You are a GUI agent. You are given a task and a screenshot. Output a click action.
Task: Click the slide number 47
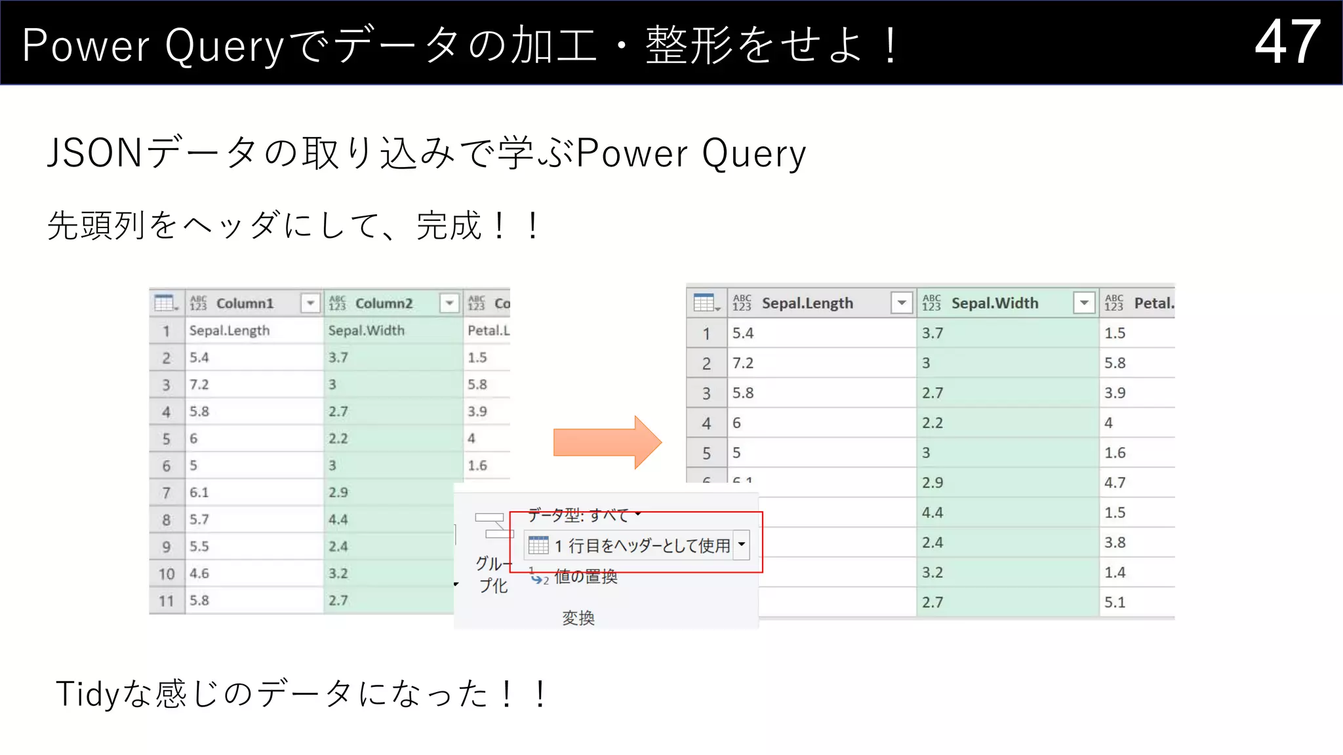[1287, 42]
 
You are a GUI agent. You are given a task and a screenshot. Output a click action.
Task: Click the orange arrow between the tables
[606, 442]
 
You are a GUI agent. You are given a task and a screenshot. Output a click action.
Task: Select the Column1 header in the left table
[244, 303]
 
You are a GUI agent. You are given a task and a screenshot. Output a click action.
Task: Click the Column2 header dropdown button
[450, 303]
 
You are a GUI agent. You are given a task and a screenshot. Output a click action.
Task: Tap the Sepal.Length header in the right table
[807, 303]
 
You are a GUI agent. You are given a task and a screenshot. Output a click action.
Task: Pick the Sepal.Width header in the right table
[994, 303]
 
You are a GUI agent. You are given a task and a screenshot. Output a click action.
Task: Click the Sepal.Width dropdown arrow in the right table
[1084, 303]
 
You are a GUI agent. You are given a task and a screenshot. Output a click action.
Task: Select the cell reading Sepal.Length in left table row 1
[230, 330]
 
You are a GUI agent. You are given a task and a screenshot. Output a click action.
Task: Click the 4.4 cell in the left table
[338, 520]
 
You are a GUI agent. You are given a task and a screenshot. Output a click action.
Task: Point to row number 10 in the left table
[167, 574]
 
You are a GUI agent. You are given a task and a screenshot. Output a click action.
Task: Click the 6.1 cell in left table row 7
[199, 493]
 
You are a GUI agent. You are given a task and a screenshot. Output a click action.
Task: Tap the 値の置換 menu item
[585, 577]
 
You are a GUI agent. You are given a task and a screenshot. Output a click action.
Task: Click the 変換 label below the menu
[578, 617]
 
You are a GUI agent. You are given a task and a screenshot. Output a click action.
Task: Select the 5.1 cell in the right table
[1115, 602]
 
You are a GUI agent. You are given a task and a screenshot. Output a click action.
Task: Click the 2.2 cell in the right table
[932, 423]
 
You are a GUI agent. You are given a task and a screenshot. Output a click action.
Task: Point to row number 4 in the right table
[706, 423]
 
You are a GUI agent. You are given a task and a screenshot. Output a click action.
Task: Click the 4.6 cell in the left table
[199, 573]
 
